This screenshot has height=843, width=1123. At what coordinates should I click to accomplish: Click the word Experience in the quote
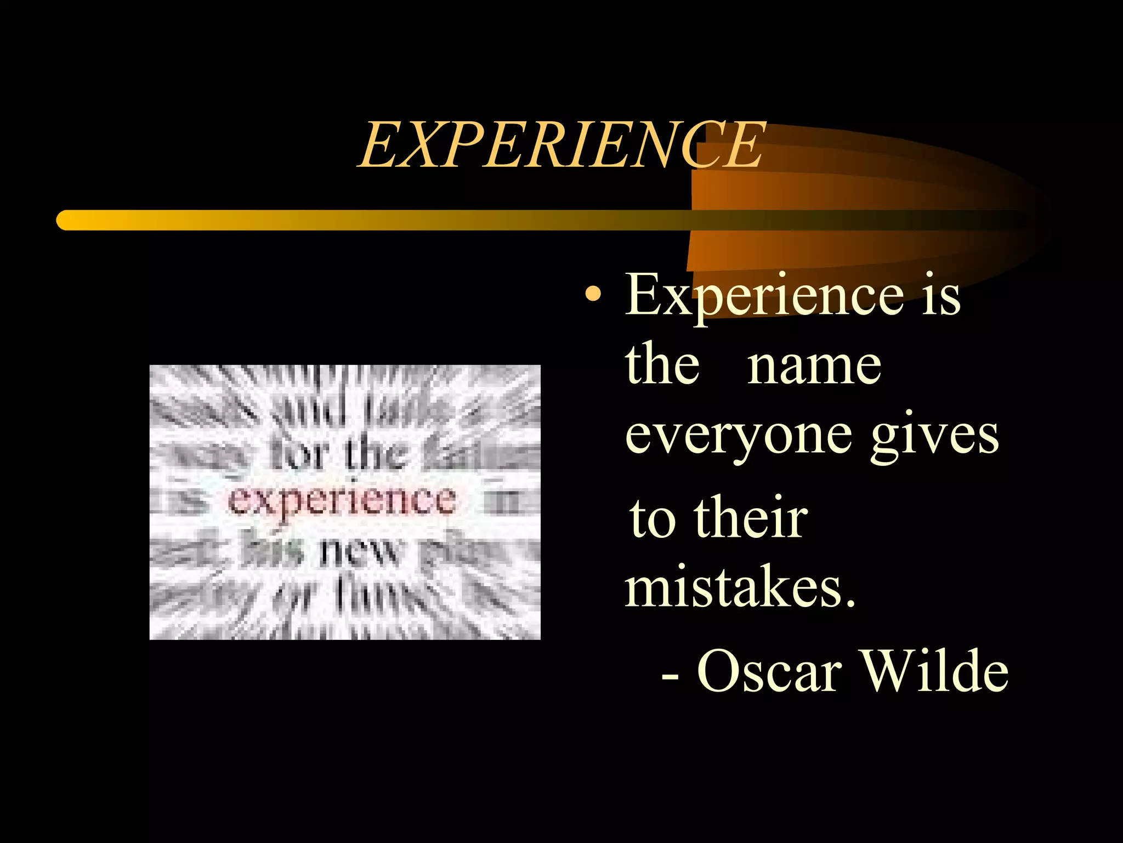click(x=764, y=296)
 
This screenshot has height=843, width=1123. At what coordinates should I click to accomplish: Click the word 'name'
click(x=814, y=367)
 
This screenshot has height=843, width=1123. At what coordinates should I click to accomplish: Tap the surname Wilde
click(x=935, y=671)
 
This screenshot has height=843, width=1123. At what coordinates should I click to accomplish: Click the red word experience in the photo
click(x=341, y=501)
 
